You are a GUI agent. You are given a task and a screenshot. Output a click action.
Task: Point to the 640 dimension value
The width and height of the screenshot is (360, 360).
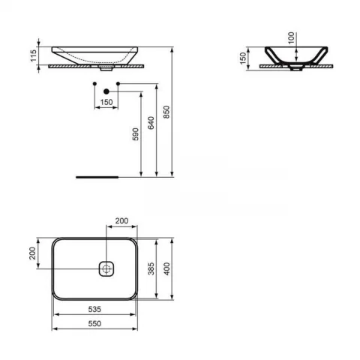[153, 123]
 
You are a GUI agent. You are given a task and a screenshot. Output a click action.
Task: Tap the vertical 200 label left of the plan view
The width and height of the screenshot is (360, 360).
[33, 253]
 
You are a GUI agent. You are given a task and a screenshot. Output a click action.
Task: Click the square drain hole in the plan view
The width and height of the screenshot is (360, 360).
[106, 268]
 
